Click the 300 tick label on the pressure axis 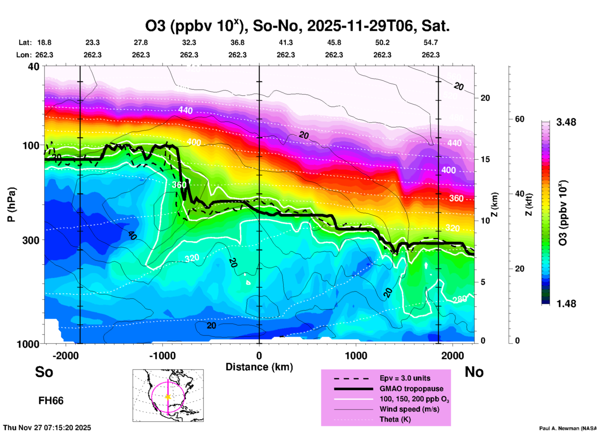tap(31, 240)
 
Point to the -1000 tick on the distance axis tap(162, 355)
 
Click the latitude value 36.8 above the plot tap(237, 42)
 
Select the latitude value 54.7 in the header tap(431, 42)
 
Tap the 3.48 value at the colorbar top tap(566, 122)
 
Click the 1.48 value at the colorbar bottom tap(566, 304)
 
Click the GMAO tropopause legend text tap(411, 389)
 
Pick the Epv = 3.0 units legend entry tap(405, 378)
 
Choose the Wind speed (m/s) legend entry tap(409, 409)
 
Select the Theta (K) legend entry tap(395, 419)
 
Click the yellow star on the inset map tap(168, 397)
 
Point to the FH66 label tap(51, 401)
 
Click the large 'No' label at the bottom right tap(474, 372)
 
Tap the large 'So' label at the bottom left tap(44, 372)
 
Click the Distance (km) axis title tap(259, 367)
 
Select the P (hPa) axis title tap(11, 205)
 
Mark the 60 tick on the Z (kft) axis tap(520, 119)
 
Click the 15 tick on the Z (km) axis tap(485, 159)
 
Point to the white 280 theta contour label tap(460, 299)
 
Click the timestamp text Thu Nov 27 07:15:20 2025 tap(47, 428)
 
